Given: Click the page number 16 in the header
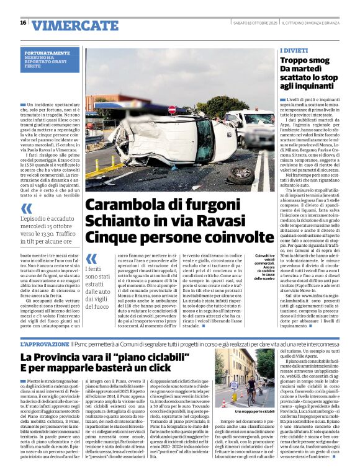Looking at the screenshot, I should point(23,23).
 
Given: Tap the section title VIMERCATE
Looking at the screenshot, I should point(75,25).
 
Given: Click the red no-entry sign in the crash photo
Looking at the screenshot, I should point(172,109).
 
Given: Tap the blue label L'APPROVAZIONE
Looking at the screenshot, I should point(45,343).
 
